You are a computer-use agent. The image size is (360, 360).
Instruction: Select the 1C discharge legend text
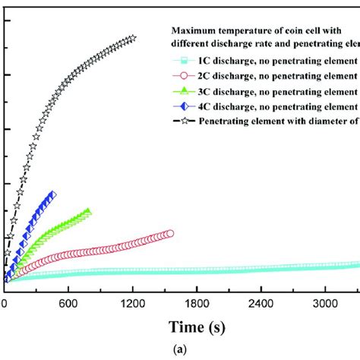(278, 61)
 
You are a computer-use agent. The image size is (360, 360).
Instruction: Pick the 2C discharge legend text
(278, 76)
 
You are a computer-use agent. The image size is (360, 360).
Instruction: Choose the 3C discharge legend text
(278, 91)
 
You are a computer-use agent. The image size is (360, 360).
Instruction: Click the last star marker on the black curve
(133, 38)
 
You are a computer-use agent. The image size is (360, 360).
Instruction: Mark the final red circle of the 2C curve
(169, 234)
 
